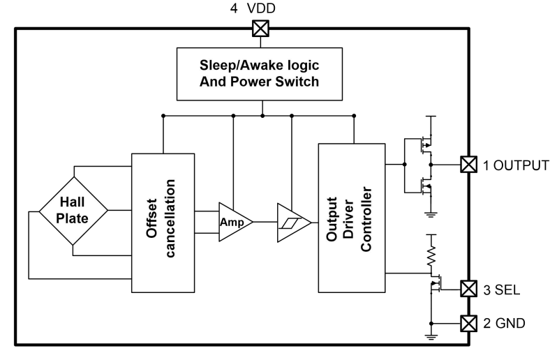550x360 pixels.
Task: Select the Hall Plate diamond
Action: pyautogui.click(x=73, y=209)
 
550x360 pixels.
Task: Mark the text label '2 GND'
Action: pyautogui.click(x=505, y=323)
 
